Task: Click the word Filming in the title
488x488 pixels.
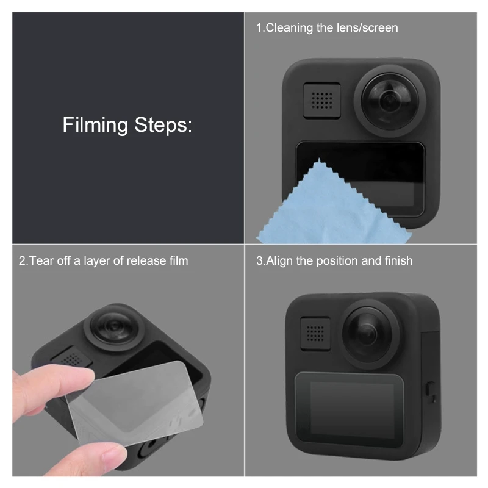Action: [x=95, y=125]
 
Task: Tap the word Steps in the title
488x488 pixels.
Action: [x=163, y=125]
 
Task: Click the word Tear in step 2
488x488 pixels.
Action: [x=40, y=261]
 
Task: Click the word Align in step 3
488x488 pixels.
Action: [x=279, y=261]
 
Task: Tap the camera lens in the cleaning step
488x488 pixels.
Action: [x=390, y=100]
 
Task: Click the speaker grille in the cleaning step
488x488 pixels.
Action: [x=322, y=101]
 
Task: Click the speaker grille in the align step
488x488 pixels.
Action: [x=315, y=333]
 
